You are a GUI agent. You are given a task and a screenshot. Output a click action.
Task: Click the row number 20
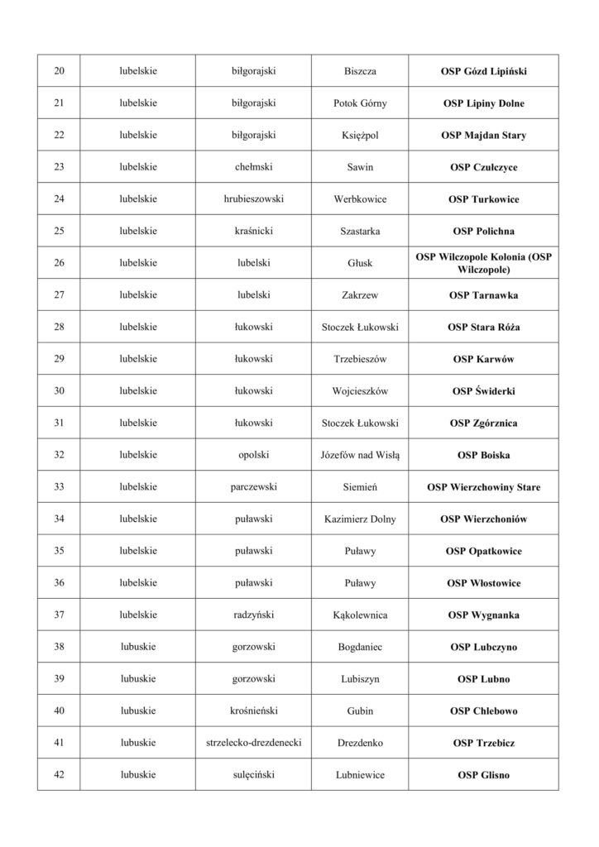click(x=59, y=71)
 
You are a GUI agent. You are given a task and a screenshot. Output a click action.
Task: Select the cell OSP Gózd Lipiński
click(x=484, y=71)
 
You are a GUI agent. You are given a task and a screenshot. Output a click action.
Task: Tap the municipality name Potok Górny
click(x=360, y=103)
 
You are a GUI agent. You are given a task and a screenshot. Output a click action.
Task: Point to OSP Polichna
click(x=484, y=232)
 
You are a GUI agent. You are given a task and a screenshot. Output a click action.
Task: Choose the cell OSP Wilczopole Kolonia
click(x=484, y=263)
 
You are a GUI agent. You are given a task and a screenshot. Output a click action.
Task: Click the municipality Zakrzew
click(x=360, y=295)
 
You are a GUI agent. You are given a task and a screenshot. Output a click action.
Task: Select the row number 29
click(x=59, y=359)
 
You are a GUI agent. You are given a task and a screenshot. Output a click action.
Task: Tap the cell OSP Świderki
click(x=484, y=391)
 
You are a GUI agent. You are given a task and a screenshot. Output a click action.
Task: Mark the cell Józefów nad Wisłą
click(x=360, y=455)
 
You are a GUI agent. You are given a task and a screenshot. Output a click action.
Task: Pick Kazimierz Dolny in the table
click(x=360, y=519)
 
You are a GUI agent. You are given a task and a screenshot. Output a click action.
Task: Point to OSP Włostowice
click(x=484, y=583)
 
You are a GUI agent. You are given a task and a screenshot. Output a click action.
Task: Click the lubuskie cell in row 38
click(x=138, y=647)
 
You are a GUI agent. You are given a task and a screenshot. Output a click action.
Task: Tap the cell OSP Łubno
click(x=484, y=679)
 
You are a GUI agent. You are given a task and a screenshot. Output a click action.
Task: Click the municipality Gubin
click(x=360, y=711)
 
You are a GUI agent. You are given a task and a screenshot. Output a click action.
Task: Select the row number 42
click(x=59, y=775)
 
